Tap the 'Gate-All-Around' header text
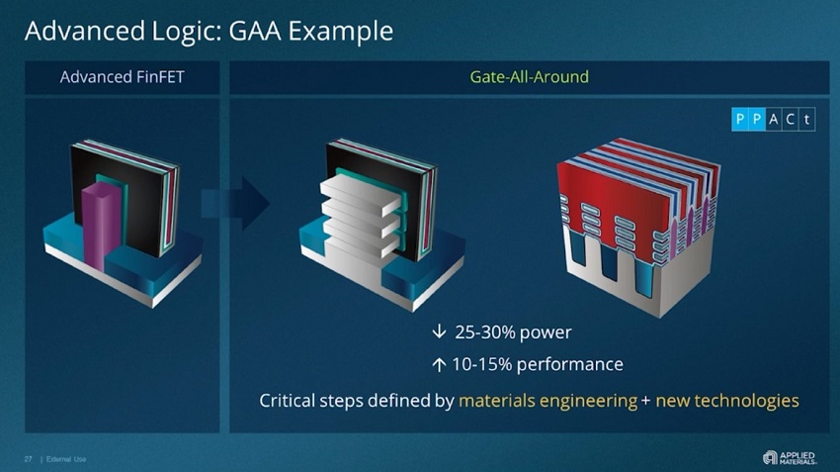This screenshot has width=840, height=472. [529, 77]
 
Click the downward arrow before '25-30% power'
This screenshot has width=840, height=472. [439, 331]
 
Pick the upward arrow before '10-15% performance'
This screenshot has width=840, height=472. [439, 365]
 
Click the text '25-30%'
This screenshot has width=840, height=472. [485, 331]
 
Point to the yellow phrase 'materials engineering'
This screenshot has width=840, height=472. [547, 401]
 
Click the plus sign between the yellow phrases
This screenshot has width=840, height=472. [647, 401]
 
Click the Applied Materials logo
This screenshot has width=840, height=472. [789, 456]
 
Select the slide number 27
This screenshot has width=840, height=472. [29, 457]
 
